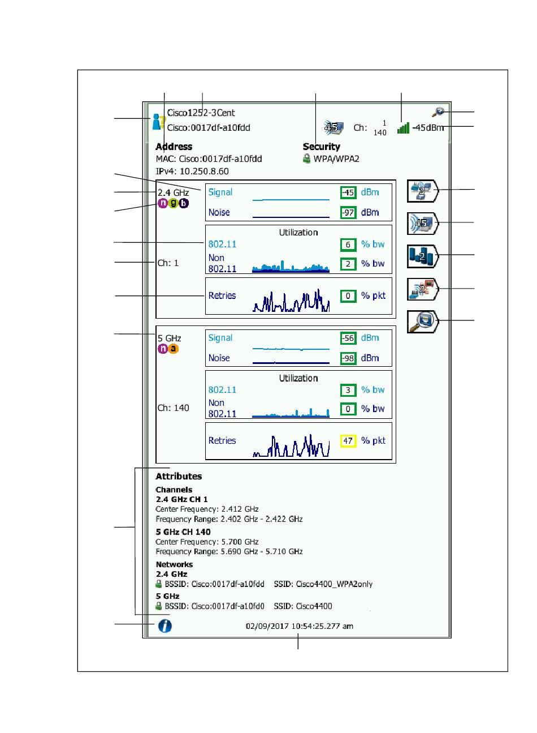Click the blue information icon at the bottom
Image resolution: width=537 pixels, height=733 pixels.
pyautogui.click(x=164, y=625)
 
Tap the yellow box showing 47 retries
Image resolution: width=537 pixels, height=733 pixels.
pyautogui.click(x=348, y=441)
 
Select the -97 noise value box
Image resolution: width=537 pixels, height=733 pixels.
pyautogui.click(x=348, y=212)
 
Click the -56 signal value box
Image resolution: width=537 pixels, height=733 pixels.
pyautogui.click(x=348, y=338)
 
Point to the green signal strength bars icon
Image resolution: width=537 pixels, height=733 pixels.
pyautogui.click(x=403, y=127)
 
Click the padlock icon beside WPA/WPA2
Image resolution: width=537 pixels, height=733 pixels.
pyautogui.click(x=306, y=158)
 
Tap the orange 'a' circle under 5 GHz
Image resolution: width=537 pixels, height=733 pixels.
pyautogui.click(x=173, y=349)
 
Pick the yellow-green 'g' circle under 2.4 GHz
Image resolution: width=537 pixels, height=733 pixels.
pyautogui.click(x=174, y=203)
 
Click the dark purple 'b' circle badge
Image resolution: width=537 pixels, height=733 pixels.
pyautogui.click(x=184, y=203)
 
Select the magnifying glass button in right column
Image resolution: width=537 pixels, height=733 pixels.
pyautogui.click(x=422, y=322)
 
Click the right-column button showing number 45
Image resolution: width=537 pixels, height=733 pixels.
pyautogui.click(x=422, y=224)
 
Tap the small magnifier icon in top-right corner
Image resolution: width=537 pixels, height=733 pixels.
pyautogui.click(x=438, y=112)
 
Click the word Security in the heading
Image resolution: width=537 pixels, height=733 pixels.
pyautogui.click(x=321, y=147)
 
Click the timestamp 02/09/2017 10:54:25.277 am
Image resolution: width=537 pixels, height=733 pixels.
pyautogui.click(x=299, y=626)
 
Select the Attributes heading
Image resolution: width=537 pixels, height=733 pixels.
pyautogui.click(x=179, y=476)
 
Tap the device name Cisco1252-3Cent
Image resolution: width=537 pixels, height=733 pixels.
pyautogui.click(x=201, y=113)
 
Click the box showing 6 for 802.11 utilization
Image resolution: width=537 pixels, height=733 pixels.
pyautogui.click(x=348, y=245)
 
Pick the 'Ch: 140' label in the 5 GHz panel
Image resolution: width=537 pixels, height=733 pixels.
pyautogui.click(x=173, y=408)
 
